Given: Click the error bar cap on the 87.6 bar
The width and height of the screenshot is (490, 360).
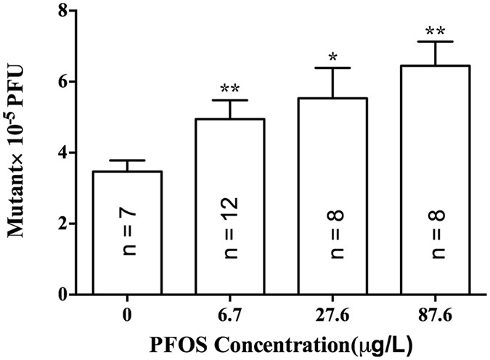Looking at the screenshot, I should [x=443, y=41].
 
